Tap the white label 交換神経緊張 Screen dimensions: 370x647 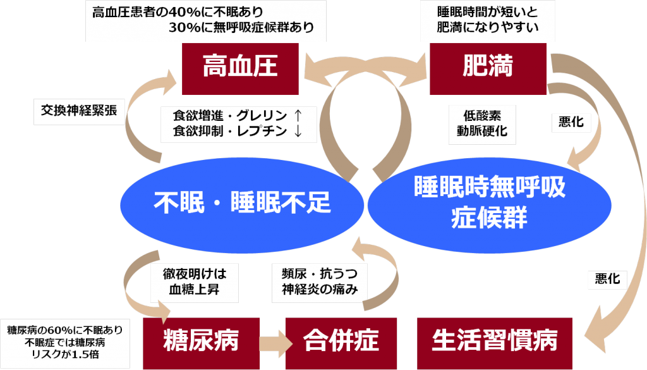click(x=79, y=110)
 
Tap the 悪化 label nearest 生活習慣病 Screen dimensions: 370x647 click(x=607, y=278)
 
